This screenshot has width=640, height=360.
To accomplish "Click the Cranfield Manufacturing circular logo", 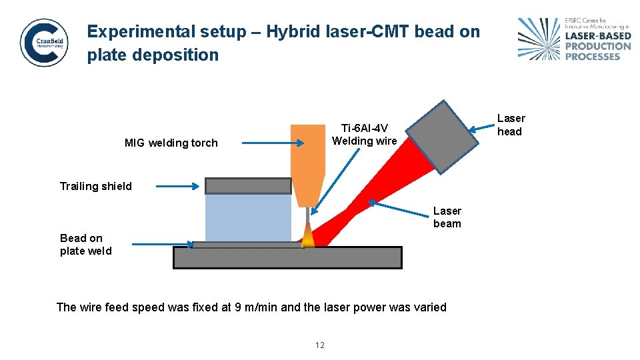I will point(44,42).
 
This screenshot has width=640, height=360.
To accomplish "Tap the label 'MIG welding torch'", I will point(171,143).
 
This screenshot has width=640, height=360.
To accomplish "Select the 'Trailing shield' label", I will point(96,186).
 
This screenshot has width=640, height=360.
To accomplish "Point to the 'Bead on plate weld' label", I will point(85,245).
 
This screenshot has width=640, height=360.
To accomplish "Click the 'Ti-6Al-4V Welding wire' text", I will point(364,135).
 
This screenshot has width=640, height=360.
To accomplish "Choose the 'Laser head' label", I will point(511,125).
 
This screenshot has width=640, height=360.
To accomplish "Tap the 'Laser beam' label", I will point(447,217).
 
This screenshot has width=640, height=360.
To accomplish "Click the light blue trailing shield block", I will point(248,217).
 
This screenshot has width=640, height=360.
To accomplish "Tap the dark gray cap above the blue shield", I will point(248,185).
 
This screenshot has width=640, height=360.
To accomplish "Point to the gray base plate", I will point(287,257).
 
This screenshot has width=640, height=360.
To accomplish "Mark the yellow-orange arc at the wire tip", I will point(308,238).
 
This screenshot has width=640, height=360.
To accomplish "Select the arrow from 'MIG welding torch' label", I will point(273,143).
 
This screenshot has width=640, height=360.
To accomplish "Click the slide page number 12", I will point(319,345).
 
